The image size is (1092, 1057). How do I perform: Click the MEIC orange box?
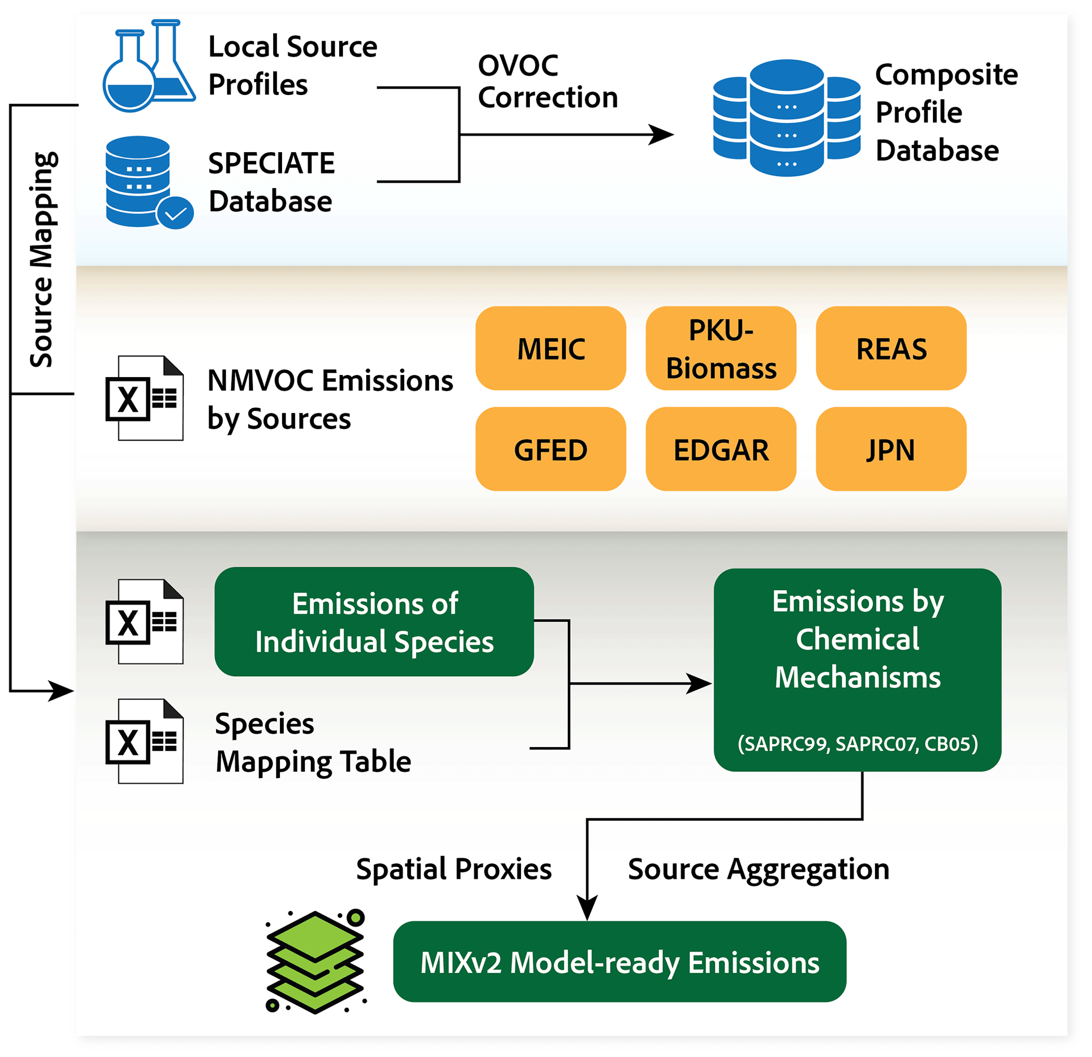(x=550, y=349)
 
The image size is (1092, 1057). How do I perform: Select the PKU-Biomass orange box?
(x=721, y=349)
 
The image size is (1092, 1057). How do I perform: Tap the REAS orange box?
(x=891, y=349)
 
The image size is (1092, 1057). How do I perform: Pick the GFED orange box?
(x=550, y=450)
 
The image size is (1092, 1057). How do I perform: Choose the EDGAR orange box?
(x=721, y=450)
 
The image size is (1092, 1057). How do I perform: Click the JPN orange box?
(x=891, y=450)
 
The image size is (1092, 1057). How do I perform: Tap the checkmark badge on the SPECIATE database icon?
(x=175, y=213)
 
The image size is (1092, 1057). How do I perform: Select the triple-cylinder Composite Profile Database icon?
(x=787, y=118)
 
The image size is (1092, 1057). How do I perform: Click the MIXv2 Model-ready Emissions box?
(x=620, y=962)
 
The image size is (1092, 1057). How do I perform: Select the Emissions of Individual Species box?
(x=375, y=622)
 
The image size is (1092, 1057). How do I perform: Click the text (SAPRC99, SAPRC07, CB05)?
(x=857, y=744)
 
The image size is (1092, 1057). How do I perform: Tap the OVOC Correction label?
(x=548, y=81)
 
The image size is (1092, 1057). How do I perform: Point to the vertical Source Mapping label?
(x=42, y=259)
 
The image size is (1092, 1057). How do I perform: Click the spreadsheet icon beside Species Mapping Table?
(x=145, y=741)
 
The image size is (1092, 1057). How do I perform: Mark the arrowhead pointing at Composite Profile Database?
(x=663, y=134)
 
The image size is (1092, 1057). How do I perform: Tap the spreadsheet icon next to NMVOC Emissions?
(x=145, y=398)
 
